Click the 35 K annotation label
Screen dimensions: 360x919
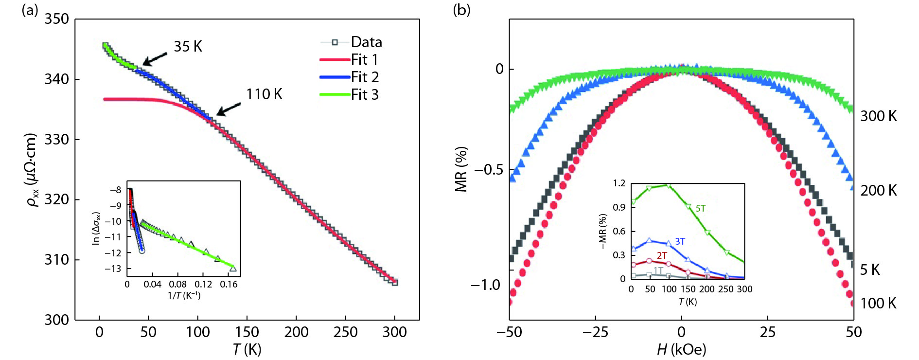pos(188,47)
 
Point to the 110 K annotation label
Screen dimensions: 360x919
pos(264,94)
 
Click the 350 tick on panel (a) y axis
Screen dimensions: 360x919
pos(57,19)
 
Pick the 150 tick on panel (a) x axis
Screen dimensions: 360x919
pos(247,332)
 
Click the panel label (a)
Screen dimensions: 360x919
pos(30,10)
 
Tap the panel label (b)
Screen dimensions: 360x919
pos(461,10)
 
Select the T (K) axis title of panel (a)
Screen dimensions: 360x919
pos(247,349)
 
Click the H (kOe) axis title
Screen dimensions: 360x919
pos(681,349)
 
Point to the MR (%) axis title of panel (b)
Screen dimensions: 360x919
pos(461,169)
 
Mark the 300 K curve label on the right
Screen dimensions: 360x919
pos(878,116)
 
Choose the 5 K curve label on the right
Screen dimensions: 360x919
pos(870,270)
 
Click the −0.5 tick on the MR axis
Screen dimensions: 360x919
pos(488,170)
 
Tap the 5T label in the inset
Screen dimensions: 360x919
pos(700,209)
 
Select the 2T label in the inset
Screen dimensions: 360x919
pos(662,255)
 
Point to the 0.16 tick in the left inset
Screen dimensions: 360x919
pos(229,285)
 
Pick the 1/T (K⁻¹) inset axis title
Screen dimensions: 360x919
pos(184,296)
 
